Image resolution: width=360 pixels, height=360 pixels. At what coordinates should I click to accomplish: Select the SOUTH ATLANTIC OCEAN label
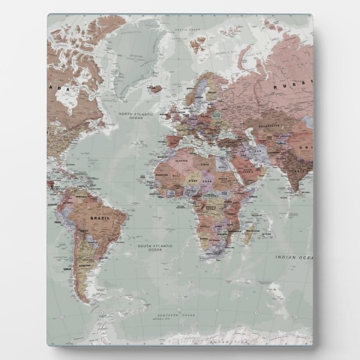point(155,248)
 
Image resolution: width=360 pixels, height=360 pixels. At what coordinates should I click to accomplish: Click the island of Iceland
point(158,88)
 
